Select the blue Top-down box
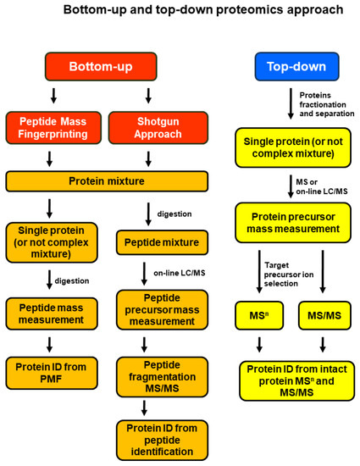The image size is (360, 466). pos(285,66)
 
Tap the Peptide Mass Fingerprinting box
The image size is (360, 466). pos(53,128)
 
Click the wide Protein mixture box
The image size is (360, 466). pos(107,180)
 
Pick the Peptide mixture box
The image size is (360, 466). pos(158,243)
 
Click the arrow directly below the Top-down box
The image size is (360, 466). pos(285,102)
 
